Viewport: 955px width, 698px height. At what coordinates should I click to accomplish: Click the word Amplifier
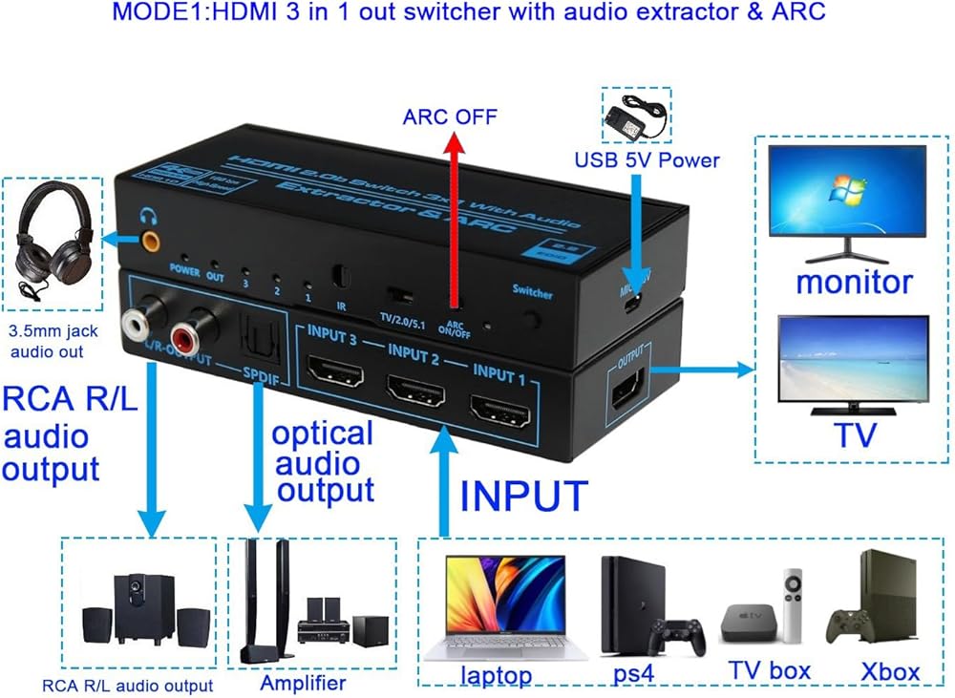(x=303, y=684)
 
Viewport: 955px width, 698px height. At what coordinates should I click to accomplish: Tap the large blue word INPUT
(x=522, y=497)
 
